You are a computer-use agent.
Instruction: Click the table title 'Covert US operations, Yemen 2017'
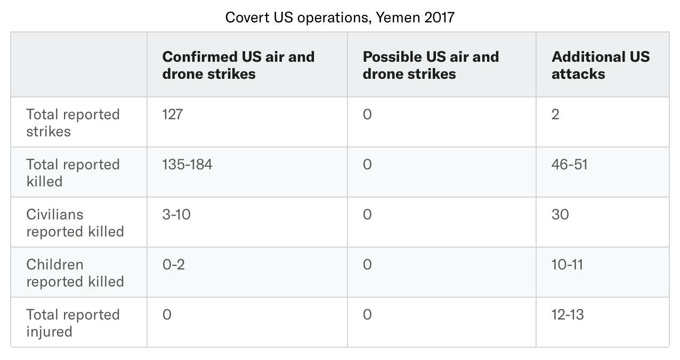coord(339,17)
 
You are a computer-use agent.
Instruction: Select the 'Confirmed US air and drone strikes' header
coord(238,65)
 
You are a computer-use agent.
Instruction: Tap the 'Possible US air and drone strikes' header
coord(431,65)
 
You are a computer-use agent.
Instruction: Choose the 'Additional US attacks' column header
coord(601,65)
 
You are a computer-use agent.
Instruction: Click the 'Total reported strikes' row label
coord(73,122)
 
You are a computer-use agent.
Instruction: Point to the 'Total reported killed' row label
coord(73,173)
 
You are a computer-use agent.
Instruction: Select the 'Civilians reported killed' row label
coord(75,223)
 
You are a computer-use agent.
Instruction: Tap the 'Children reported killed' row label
coord(75,273)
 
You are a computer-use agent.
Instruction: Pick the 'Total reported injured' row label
coord(73,323)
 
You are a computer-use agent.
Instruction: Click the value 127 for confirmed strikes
coord(172,114)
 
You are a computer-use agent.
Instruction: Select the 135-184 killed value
coord(187,165)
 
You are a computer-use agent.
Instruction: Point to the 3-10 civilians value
coord(176,215)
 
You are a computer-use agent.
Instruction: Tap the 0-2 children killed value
coord(173,265)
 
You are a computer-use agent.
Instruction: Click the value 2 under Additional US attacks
coord(555,114)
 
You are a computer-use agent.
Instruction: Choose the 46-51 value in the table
coord(569,165)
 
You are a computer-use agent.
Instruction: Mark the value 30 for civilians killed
coord(560,215)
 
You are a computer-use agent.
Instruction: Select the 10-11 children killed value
coord(567,265)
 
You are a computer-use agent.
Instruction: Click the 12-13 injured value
coord(568,315)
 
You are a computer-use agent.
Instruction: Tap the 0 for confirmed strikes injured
coord(167,315)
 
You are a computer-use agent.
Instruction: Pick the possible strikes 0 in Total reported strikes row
coord(367,114)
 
